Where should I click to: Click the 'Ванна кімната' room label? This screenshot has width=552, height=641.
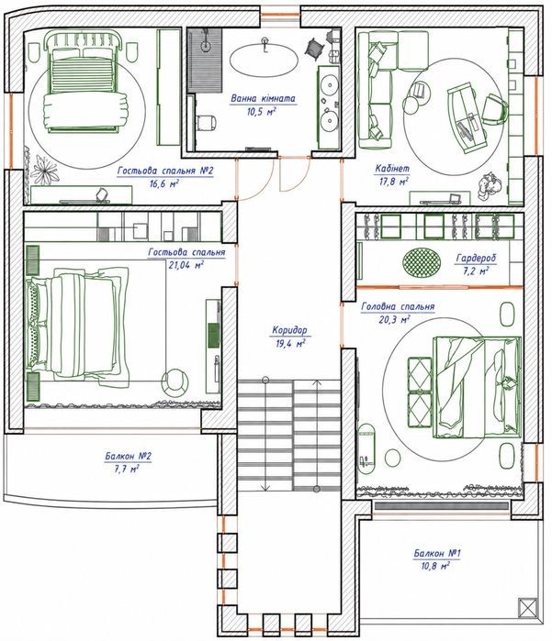(263, 98)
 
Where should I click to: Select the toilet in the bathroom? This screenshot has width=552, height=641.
(206, 122)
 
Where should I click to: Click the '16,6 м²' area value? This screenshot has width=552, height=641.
(164, 183)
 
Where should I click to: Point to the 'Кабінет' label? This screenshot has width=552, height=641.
(392, 169)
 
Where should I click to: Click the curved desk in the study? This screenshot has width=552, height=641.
(467, 117)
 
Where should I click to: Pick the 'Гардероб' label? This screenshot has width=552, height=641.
(476, 258)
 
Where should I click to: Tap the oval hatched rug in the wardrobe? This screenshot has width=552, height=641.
(422, 262)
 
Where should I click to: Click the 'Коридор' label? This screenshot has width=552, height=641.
(289, 330)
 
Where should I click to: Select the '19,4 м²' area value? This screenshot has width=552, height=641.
(290, 343)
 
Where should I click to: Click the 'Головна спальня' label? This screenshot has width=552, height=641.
(398, 306)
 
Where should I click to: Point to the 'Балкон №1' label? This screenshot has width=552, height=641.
(437, 554)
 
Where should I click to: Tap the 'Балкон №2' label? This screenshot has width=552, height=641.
(128, 457)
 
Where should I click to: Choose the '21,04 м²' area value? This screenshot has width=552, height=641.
(186, 265)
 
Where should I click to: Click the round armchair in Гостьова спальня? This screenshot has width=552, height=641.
(175, 381)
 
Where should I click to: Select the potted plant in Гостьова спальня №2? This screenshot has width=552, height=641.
(44, 169)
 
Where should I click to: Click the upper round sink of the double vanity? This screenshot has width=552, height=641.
(329, 85)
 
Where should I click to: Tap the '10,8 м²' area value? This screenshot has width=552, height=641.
(435, 567)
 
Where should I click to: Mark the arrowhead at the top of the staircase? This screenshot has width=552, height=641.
(317, 383)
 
